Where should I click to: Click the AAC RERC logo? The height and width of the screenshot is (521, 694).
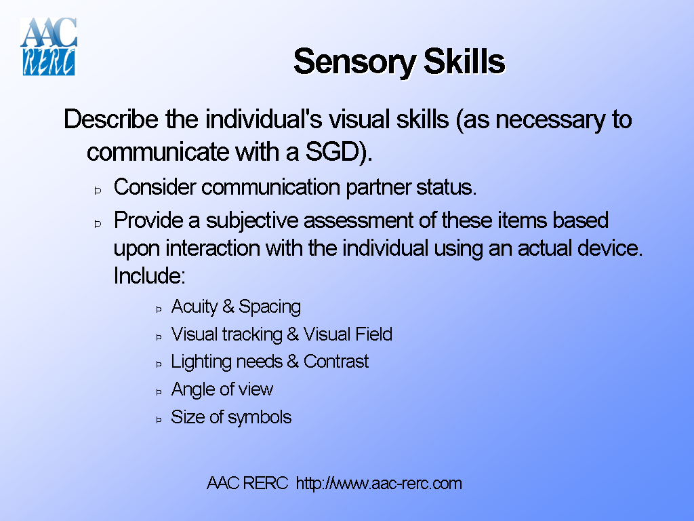click(x=49, y=46)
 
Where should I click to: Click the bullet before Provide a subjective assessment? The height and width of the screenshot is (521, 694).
click(x=98, y=223)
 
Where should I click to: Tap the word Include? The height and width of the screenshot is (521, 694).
click(x=149, y=277)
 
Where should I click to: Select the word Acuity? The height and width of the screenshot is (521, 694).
click(x=194, y=307)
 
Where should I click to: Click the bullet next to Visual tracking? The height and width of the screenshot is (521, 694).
click(x=159, y=336)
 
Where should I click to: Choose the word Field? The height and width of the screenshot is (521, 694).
click(x=374, y=334)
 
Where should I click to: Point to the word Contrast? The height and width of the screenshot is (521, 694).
click(x=335, y=362)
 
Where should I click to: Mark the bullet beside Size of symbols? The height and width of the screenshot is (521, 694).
click(x=159, y=419)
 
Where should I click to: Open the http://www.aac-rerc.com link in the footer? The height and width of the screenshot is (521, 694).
click(x=379, y=484)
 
